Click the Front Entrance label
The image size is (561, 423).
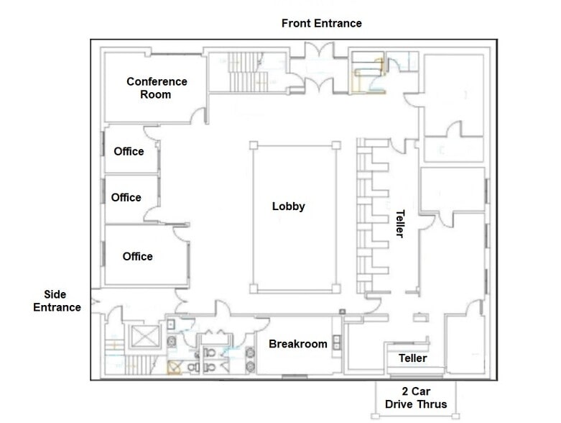pos(321,23)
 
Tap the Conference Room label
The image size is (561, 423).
pos(157,88)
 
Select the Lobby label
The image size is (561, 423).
pos(288,206)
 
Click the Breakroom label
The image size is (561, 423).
pos(298,344)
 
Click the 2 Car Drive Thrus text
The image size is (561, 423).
pos(415,398)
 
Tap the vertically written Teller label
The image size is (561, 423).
pos(400,224)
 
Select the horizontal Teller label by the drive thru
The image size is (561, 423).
pos(412,358)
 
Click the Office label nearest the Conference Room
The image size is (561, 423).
pos(129,151)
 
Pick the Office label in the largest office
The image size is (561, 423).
pos(137,256)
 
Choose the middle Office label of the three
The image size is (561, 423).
pos(126,197)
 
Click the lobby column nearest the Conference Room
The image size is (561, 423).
pos(254,145)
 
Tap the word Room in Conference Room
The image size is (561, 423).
pos(156,94)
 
